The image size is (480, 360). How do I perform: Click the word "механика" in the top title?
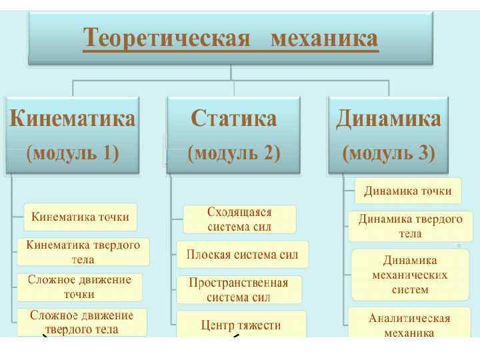click(x=325, y=39)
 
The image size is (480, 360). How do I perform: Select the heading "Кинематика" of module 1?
click(x=72, y=119)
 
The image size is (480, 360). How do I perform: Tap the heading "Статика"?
click(x=233, y=119)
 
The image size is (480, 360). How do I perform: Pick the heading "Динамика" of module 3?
click(x=388, y=119)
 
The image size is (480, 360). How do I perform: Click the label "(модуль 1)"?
click(x=72, y=153)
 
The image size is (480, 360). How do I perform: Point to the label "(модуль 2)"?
click(x=233, y=153)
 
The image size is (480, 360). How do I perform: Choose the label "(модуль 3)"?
click(x=388, y=153)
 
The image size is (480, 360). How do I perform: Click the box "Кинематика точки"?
click(x=81, y=217)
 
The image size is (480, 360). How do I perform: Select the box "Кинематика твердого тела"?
click(x=83, y=251)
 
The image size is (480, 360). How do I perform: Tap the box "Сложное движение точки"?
click(x=79, y=287)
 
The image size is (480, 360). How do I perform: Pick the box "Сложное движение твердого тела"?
click(x=81, y=321)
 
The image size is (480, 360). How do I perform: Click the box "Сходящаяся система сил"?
click(x=239, y=219)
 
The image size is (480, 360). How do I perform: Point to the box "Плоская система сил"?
click(x=243, y=254)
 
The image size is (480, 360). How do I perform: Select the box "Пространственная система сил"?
click(x=239, y=289)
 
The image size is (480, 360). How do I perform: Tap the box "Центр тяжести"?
click(x=241, y=325)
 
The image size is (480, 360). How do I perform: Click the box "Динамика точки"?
click(x=407, y=191)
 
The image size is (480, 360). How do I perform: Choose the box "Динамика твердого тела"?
click(x=411, y=226)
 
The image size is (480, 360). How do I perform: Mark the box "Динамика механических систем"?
click(x=410, y=275)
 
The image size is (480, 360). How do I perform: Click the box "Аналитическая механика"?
click(x=410, y=325)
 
